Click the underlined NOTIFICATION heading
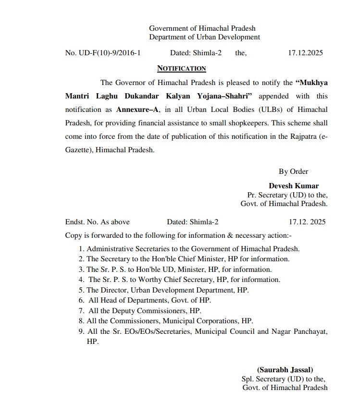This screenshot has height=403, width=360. coord(182,69)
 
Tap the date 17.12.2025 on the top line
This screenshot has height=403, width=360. coord(305,53)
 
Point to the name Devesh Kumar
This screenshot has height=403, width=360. coord(294,186)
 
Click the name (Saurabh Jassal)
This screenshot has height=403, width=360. coord(285,370)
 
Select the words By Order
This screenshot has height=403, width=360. coord(293,171)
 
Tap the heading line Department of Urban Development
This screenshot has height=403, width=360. coord(204,37)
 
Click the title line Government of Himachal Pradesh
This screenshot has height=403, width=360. coord(202,28)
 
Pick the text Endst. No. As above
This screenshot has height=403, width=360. coord(98,222)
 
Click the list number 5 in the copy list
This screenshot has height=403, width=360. coord(81,290)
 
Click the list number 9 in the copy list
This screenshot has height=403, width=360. coord(81,331)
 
